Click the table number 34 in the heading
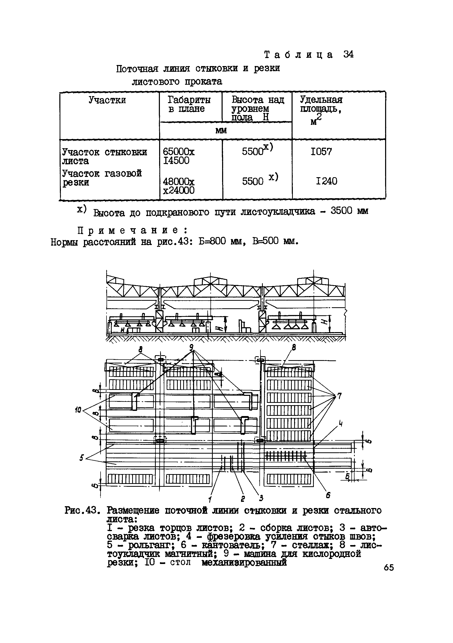click(348, 54)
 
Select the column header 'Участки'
click(107, 100)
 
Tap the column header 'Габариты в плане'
click(189, 104)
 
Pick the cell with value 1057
click(321, 152)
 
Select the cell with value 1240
click(326, 181)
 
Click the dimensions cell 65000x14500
click(179, 156)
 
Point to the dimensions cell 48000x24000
click(179, 186)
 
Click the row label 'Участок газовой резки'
click(102, 177)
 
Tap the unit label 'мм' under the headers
click(221, 131)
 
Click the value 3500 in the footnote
click(341, 211)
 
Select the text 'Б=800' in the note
click(212, 241)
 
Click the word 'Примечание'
click(132, 230)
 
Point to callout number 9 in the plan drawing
click(191, 348)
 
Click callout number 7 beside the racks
click(339, 396)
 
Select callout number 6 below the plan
click(328, 495)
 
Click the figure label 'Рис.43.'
click(82, 510)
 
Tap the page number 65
click(389, 567)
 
